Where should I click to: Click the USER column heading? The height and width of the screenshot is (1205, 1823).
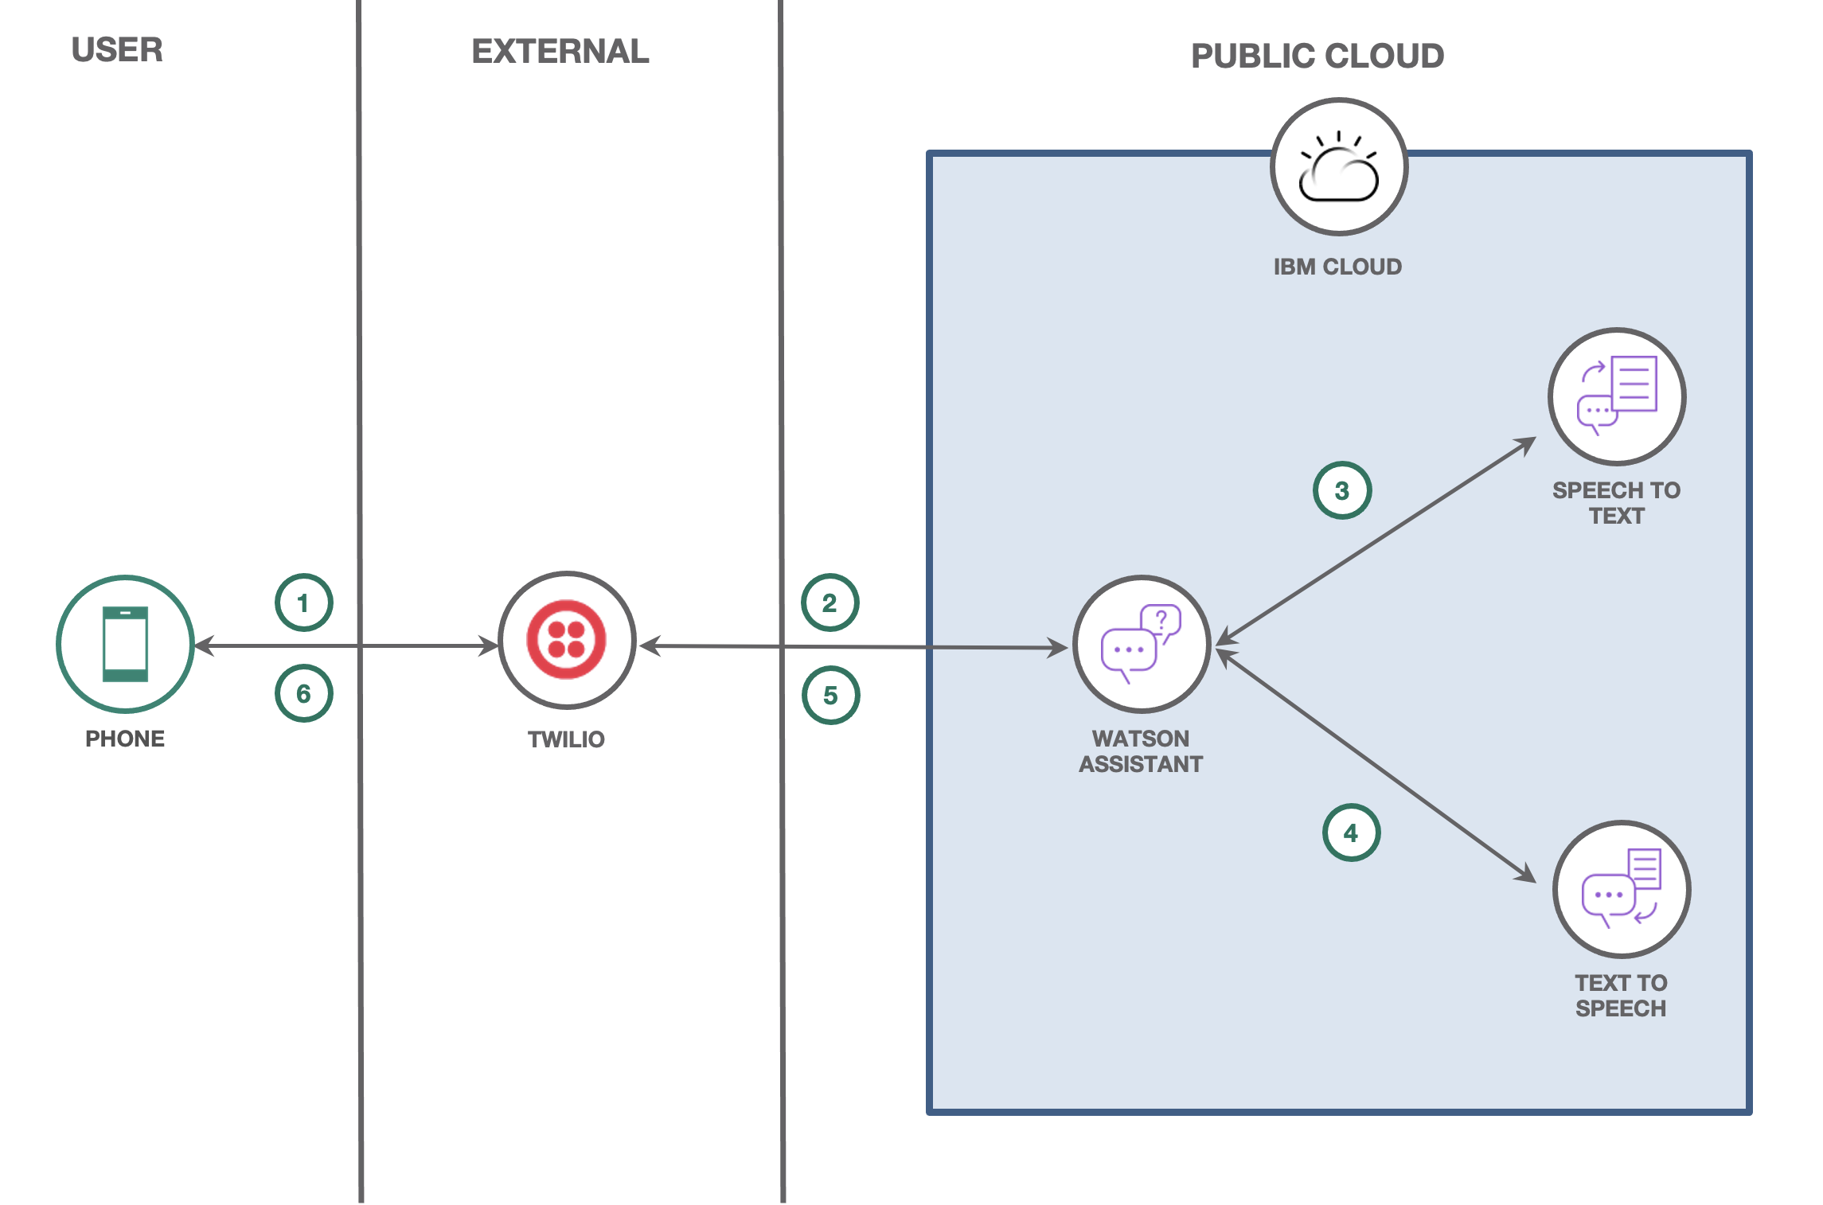117,50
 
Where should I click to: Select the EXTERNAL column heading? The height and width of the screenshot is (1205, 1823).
560,52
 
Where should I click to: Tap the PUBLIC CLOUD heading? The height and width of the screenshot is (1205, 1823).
1317,56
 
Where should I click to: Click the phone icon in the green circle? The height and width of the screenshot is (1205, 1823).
125,644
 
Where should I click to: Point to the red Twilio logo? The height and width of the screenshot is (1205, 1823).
567,640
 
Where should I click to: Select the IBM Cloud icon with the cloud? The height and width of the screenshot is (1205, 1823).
1339,167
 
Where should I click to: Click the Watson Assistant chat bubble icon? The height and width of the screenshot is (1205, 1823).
1142,644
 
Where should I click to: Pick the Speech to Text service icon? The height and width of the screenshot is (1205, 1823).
1617,396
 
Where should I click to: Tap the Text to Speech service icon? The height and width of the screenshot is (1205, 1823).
1622,889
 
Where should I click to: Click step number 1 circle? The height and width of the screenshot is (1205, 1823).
303,602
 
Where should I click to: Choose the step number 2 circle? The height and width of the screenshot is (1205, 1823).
830,602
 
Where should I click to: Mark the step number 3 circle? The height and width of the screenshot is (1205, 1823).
1342,490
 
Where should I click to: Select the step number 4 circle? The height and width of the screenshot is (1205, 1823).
1351,833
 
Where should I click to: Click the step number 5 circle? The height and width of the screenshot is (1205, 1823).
830,695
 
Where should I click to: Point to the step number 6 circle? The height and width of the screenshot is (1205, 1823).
303,693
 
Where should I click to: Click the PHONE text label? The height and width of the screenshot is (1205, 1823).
125,739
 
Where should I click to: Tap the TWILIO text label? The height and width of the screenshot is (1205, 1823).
566,739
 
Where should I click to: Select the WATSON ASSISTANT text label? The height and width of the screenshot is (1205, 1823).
1141,751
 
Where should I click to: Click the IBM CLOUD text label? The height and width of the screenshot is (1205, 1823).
1337,267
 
